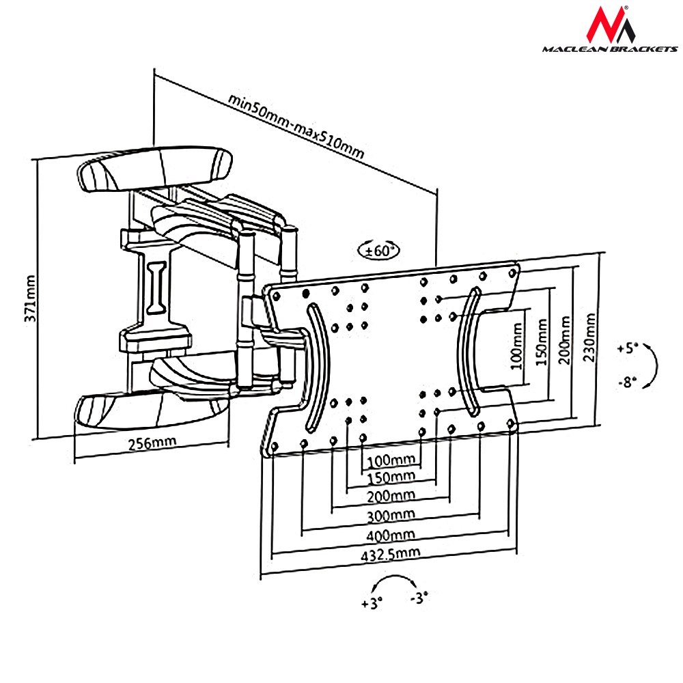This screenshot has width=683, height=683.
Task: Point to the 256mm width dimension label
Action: [152, 442]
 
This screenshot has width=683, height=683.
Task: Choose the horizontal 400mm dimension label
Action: [390, 534]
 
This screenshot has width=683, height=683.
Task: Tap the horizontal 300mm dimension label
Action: [390, 514]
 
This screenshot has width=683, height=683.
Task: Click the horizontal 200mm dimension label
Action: [390, 494]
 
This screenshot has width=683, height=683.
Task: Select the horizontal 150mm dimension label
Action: [390, 476]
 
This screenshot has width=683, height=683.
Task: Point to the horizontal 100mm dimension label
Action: [390, 458]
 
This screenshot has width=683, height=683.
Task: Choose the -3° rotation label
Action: [419, 598]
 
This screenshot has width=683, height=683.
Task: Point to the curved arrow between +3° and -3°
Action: [395, 581]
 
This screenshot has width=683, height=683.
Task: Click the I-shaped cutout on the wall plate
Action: [157, 287]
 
